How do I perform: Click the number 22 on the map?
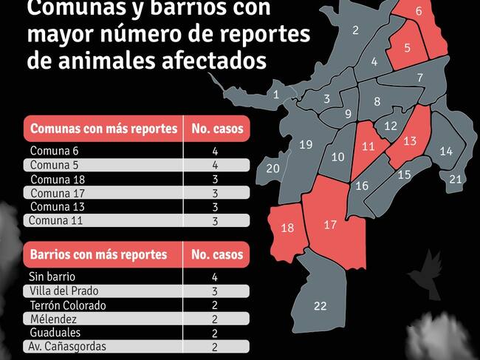[x=320, y=306]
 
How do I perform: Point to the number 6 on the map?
[x=419, y=11]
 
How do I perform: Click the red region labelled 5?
[x=408, y=47]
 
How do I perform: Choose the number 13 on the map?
[x=410, y=140]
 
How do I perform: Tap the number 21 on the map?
[x=456, y=179]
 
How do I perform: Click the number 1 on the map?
[x=276, y=95]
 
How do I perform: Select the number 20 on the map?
[x=272, y=169]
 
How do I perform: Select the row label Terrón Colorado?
[x=68, y=305]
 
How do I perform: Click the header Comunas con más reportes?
[x=103, y=129]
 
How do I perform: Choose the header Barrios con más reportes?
[x=98, y=254]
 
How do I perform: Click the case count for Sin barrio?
[x=214, y=277]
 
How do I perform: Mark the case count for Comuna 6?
[x=214, y=151]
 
